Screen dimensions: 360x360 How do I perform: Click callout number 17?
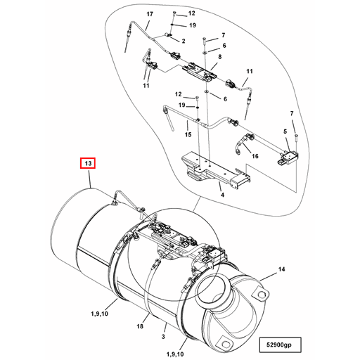tap(148, 15)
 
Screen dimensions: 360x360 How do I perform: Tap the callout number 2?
tap(183, 41)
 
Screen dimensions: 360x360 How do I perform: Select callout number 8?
tap(219, 56)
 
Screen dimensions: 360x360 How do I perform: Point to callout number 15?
tap(188, 134)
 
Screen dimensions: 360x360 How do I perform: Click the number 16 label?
tap(255, 156)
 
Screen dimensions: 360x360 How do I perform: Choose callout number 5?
tap(285, 131)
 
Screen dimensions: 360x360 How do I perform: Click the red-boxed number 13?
tap(88, 164)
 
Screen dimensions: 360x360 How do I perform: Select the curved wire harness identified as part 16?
tap(239, 144)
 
